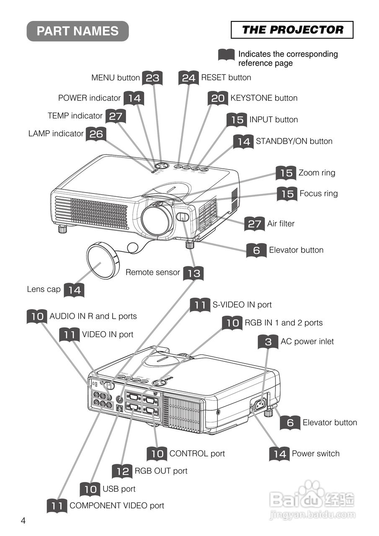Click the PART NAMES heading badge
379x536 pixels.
[x=77, y=31]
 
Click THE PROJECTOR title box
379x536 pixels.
[x=292, y=30]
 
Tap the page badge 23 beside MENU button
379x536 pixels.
[x=152, y=78]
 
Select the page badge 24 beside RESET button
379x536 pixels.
[x=188, y=78]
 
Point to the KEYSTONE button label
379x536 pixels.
[x=264, y=98]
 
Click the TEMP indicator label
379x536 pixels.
[x=75, y=116]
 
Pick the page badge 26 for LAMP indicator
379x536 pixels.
[x=96, y=134]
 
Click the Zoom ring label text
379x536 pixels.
[x=317, y=173]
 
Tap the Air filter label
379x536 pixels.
[x=281, y=224]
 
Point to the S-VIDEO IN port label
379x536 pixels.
[x=242, y=305]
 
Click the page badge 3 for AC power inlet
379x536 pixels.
[x=268, y=342]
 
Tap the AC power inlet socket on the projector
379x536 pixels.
[x=260, y=405]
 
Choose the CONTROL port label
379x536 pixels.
[x=197, y=454]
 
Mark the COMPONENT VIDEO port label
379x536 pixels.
[x=117, y=505]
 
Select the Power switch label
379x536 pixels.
[x=315, y=454]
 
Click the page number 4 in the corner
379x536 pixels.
[x=23, y=521]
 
